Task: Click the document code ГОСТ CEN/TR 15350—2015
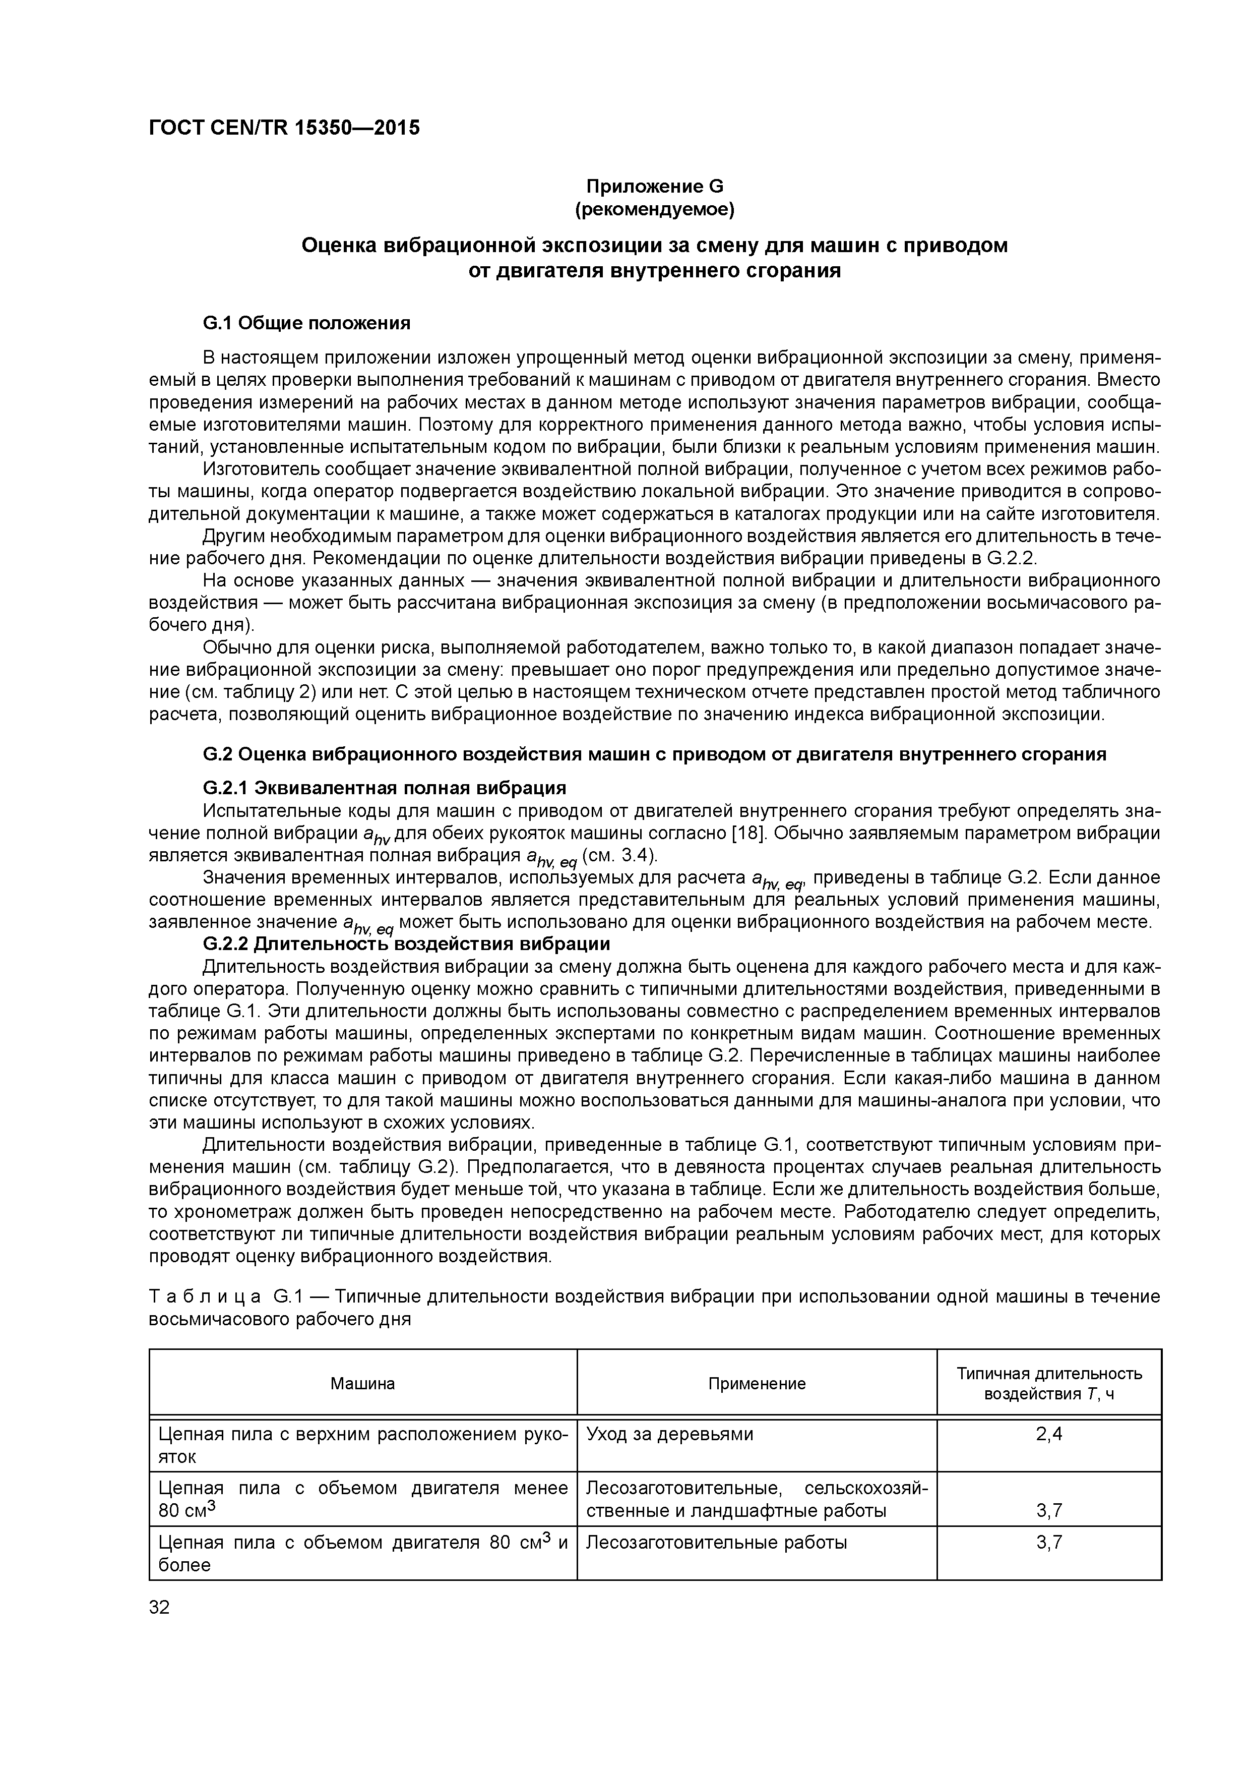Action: click(x=284, y=128)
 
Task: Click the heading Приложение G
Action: click(x=655, y=187)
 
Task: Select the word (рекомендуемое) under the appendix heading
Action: click(x=655, y=209)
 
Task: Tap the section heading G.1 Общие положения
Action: click(x=306, y=323)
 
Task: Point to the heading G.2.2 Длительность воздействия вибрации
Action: click(x=406, y=944)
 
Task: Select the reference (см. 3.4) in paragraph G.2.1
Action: click(x=621, y=856)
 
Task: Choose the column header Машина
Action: click(x=363, y=1383)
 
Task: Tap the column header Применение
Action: click(x=757, y=1383)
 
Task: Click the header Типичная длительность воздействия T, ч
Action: click(x=1049, y=1383)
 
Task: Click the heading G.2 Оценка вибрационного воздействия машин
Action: click(x=654, y=754)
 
